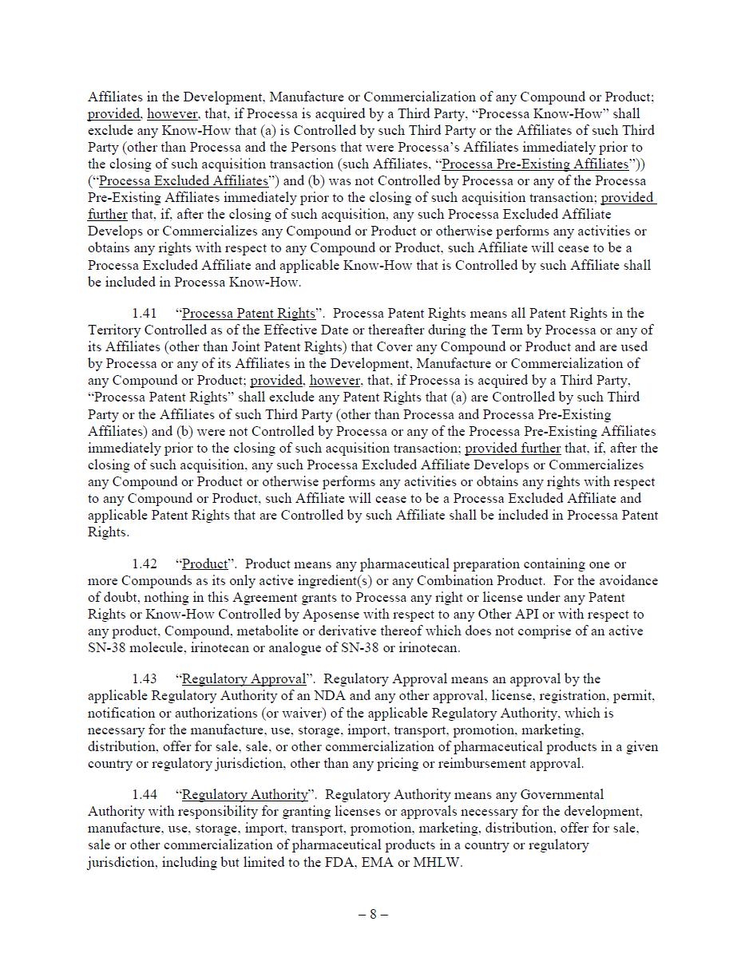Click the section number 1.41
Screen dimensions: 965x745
145,314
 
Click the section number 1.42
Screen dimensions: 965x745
145,564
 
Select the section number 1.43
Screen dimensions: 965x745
145,679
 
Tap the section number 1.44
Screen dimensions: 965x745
145,795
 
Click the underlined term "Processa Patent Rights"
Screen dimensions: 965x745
248,314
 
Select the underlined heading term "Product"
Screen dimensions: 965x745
204,564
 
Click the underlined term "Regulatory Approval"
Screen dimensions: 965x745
244,679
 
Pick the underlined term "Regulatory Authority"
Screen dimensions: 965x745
244,795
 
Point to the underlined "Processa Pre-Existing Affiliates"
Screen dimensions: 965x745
535,164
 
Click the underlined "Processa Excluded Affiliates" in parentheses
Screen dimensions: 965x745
183,181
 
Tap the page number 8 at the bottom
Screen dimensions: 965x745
372,915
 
